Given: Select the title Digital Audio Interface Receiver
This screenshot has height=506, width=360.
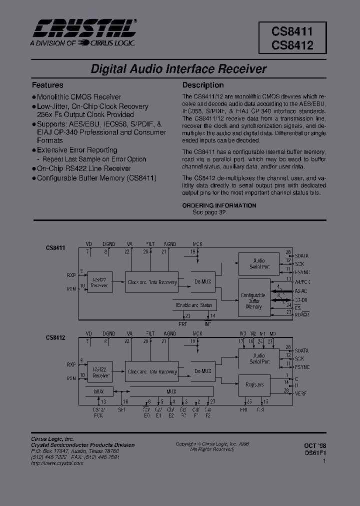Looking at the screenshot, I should (x=178, y=69).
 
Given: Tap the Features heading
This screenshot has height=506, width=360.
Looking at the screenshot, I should (x=47, y=85).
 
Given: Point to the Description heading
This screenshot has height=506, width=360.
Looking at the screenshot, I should (x=203, y=85).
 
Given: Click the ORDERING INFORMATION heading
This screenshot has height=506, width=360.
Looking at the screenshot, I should (x=219, y=205).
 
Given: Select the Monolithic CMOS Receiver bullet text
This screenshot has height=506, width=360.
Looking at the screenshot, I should (x=79, y=97).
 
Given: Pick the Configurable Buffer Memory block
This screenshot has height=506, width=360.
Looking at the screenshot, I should (x=253, y=301).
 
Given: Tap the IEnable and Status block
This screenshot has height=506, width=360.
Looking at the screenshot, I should (x=194, y=305).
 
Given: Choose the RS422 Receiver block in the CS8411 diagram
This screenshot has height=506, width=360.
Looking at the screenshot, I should (x=99, y=282).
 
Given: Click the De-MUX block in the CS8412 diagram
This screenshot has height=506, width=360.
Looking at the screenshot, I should (x=203, y=371).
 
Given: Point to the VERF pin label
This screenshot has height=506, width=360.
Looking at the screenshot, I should (x=301, y=393).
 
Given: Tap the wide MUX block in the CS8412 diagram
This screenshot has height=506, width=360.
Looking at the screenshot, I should (x=171, y=391).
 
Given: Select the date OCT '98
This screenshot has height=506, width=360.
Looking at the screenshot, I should (x=314, y=445).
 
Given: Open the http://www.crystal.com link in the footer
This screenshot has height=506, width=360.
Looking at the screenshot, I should (x=57, y=463).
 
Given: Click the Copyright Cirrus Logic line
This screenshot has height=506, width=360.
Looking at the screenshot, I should (x=212, y=443).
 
